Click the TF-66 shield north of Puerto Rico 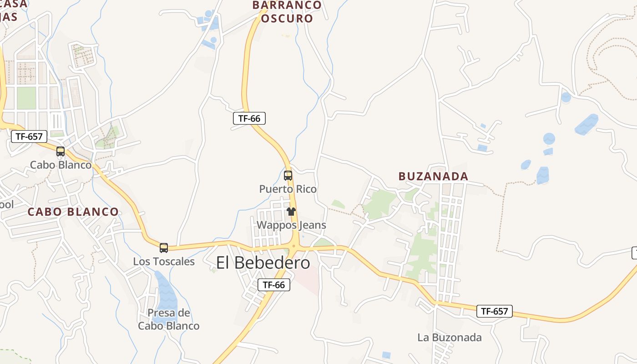[249, 118]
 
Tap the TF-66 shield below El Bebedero [273, 285]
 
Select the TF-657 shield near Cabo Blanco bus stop [29, 136]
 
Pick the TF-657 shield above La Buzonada [495, 311]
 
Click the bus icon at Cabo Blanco [61, 152]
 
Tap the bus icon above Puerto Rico [288, 175]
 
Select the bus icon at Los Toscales [164, 248]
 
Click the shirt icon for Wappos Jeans [291, 212]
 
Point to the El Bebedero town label [263, 263]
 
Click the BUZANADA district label [433, 177]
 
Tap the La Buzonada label [450, 338]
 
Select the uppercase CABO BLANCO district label [73, 212]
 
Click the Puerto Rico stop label [288, 189]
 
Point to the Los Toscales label [164, 262]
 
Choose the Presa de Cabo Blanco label [169, 319]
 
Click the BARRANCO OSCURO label [287, 12]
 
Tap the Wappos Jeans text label [291, 225]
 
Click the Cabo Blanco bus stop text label [61, 165]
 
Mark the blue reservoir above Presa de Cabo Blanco [166, 291]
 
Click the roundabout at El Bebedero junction [294, 246]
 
